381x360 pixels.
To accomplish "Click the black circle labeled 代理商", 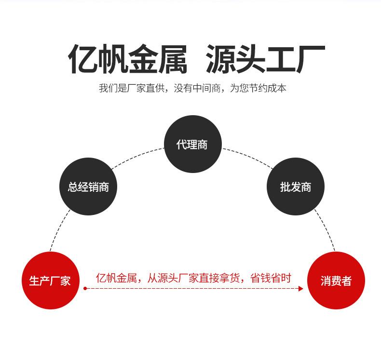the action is click(x=192, y=144).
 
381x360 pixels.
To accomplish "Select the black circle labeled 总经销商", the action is click(x=88, y=187).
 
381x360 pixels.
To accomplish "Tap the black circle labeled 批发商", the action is click(x=295, y=187).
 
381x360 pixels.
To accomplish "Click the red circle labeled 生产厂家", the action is click(x=50, y=280).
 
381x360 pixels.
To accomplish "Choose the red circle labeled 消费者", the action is click(x=336, y=280).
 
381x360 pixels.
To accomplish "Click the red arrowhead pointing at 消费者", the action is click(x=301, y=289).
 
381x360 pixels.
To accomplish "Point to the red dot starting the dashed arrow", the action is click(x=85, y=289).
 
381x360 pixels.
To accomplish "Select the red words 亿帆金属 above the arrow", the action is click(x=116, y=278).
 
